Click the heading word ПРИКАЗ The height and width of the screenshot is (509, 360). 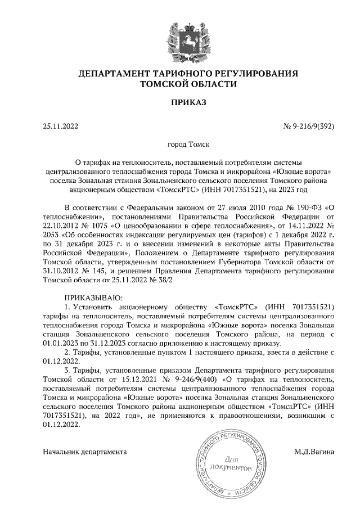180,103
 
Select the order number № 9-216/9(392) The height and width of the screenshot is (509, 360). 308,127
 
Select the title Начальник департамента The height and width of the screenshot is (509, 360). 84,452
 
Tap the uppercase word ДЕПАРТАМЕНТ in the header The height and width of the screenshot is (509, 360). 115,74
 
